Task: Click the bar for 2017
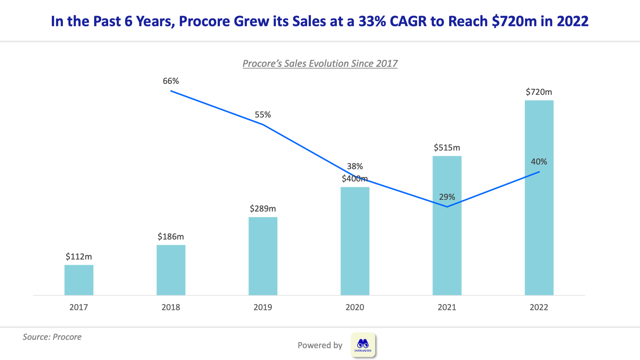79,280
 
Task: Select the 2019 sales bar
263,256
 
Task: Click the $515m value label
447,148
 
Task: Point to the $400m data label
355,179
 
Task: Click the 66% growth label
171,81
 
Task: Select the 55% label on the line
263,115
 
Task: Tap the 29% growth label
447,197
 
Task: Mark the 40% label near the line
539,162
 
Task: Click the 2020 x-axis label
355,307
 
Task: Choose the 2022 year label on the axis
539,307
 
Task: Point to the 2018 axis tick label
171,307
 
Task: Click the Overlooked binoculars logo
363,345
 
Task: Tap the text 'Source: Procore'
52,337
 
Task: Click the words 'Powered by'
320,345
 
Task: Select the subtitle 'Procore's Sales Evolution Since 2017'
320,63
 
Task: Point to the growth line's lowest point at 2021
447,207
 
